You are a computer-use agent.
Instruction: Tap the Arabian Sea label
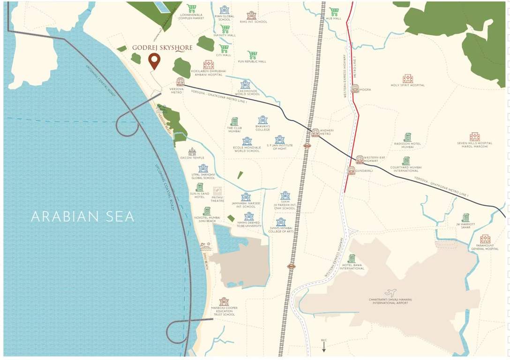(82, 217)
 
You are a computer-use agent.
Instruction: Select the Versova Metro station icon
(180, 81)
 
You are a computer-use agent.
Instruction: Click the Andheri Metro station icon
(315, 133)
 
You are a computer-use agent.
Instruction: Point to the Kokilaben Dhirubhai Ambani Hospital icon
(209, 65)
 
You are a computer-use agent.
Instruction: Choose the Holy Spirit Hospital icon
(407, 79)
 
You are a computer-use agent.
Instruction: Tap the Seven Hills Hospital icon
(474, 137)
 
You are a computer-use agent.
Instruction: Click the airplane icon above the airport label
(390, 292)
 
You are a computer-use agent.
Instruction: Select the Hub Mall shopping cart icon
(334, 12)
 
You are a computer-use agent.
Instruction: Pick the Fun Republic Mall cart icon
(252, 55)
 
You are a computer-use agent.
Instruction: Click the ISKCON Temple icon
(192, 151)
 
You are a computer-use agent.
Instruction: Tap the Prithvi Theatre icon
(217, 191)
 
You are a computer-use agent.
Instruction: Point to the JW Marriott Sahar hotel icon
(465, 217)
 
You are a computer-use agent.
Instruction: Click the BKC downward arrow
(323, 347)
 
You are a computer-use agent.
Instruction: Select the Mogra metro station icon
(355, 89)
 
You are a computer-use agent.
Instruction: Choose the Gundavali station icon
(351, 170)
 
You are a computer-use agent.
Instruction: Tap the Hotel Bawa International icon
(352, 258)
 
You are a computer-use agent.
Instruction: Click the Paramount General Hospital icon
(485, 239)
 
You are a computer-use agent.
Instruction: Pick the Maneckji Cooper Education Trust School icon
(224, 301)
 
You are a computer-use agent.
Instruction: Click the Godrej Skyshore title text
(162, 48)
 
